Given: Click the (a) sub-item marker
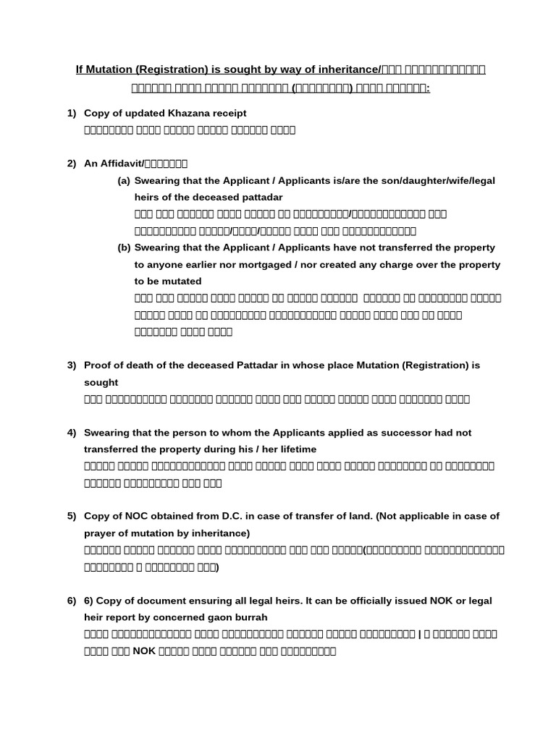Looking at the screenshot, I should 124,180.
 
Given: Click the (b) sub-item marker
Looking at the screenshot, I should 124,247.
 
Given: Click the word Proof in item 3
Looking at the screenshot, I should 98,365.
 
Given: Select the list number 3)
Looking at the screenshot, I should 72,365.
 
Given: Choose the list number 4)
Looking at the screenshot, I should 72,433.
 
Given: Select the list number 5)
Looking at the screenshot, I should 72,516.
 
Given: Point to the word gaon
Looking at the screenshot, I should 213,617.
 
